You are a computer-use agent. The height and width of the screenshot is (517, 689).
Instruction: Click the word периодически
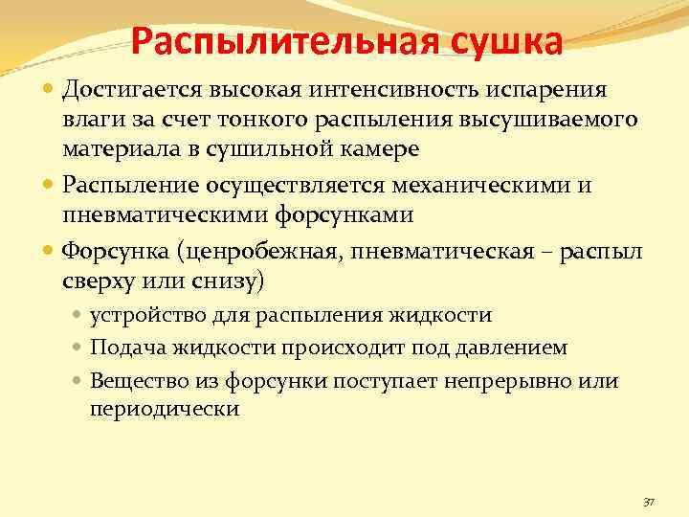165,408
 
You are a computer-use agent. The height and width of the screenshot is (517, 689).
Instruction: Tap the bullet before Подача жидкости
79,347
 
